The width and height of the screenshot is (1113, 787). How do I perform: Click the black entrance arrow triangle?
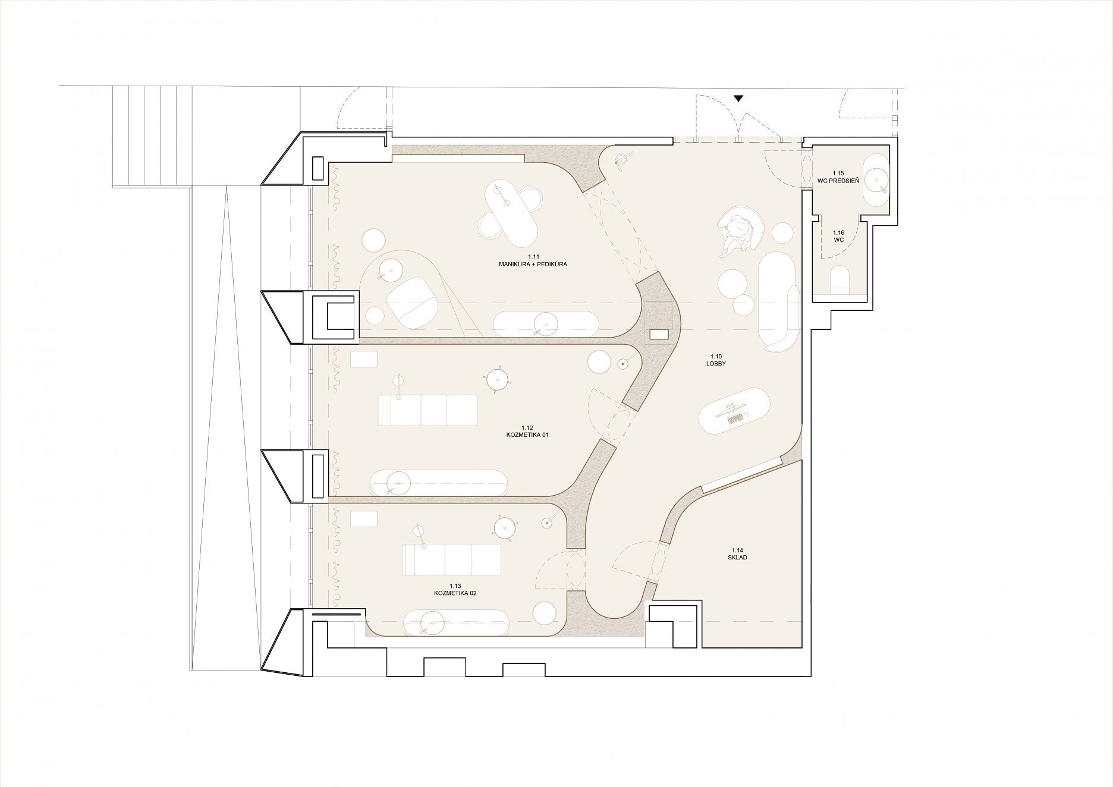(738, 99)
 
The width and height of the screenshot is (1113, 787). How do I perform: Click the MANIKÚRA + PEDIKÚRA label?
(533, 264)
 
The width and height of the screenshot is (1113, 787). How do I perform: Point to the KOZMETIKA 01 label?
(527, 435)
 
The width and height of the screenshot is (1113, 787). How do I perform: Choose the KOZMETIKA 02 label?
(455, 593)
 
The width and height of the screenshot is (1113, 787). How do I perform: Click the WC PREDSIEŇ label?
(838, 180)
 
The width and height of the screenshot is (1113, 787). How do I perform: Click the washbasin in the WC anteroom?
(876, 180)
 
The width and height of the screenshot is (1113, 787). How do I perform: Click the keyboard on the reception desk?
(735, 418)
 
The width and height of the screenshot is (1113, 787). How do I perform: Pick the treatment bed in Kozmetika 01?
(427, 410)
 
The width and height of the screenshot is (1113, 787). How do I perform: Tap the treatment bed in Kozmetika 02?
(451, 559)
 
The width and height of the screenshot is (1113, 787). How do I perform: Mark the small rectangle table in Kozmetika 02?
(363, 519)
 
